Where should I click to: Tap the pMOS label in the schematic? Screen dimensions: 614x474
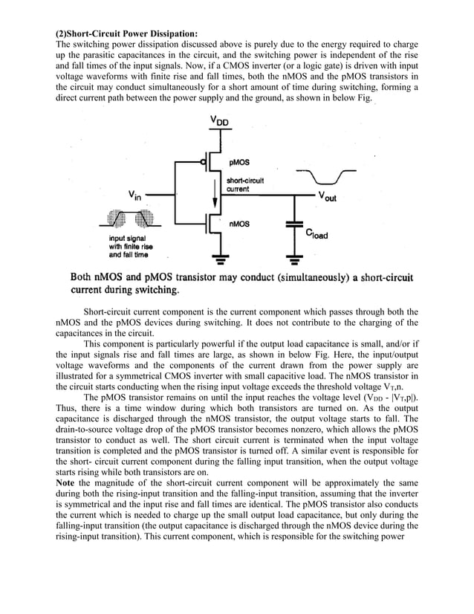(240, 161)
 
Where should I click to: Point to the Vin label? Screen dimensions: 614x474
(135, 196)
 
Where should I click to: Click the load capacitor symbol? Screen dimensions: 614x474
(294, 222)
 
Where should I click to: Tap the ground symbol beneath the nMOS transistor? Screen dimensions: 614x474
(219, 260)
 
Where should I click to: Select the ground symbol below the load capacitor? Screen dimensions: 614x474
(294, 260)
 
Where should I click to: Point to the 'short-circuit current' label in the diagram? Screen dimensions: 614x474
(245, 184)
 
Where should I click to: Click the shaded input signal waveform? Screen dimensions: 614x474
(131, 219)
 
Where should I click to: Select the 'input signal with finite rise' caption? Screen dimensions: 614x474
(131, 246)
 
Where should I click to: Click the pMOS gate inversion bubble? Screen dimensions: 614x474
(204, 161)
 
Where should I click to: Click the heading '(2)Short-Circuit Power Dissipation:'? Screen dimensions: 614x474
(127, 34)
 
